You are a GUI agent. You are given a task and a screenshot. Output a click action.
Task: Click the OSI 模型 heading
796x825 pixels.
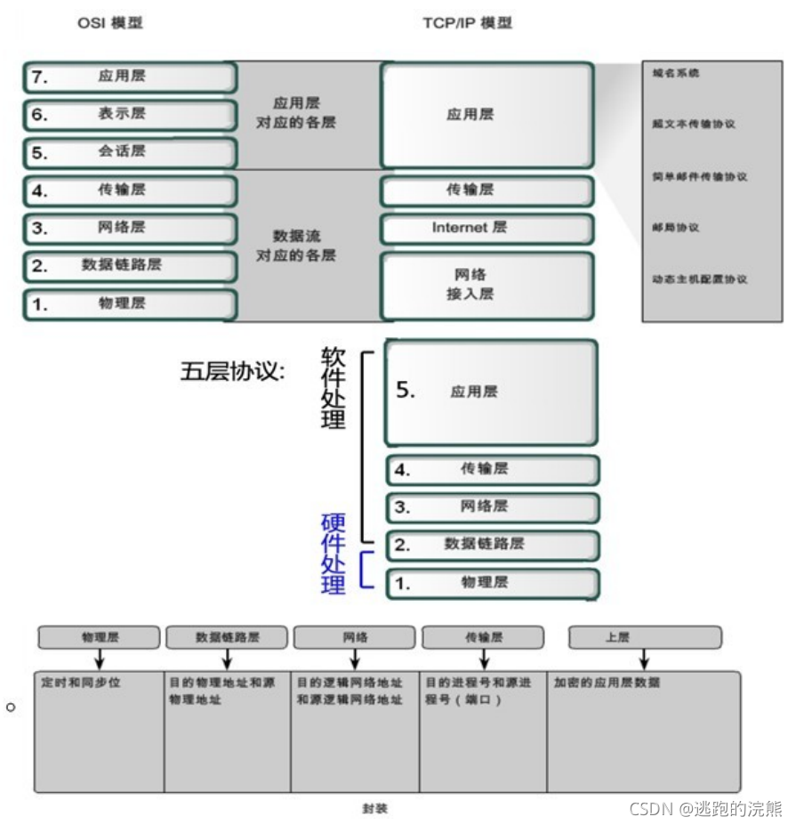click(109, 23)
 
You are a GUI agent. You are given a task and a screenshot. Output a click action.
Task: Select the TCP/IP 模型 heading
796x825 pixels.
click(467, 23)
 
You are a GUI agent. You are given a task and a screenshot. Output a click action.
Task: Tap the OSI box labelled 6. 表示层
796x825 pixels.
click(130, 115)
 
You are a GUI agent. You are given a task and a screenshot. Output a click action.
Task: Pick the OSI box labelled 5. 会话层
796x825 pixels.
click(130, 152)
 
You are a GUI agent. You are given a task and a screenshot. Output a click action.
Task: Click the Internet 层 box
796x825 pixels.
click(486, 228)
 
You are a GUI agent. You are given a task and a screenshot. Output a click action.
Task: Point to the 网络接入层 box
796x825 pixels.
click(486, 285)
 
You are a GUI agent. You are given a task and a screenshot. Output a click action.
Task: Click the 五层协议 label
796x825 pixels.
click(232, 371)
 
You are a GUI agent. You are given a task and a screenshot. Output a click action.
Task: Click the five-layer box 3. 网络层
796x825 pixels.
click(493, 507)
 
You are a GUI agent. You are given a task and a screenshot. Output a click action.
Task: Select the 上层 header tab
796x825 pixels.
click(644, 637)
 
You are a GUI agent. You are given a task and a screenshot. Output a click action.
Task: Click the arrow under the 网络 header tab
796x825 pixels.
click(354, 659)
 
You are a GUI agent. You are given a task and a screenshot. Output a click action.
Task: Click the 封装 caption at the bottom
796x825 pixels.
click(374, 808)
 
